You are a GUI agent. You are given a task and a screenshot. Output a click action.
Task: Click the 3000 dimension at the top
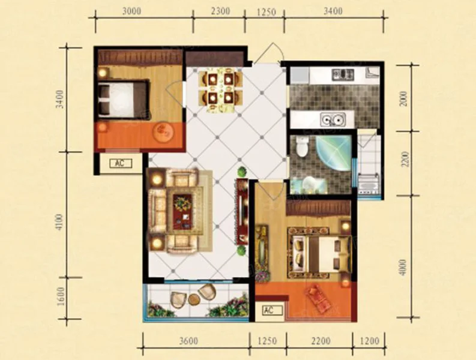[131, 11]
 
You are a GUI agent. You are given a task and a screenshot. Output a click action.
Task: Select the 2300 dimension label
[220, 11]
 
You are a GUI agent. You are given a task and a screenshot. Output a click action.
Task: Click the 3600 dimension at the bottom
[188, 341]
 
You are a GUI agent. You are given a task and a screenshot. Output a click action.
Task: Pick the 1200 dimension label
[369, 341]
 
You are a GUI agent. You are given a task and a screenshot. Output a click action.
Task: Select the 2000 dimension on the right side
[404, 98]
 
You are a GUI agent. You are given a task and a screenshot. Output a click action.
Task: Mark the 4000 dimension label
[403, 267]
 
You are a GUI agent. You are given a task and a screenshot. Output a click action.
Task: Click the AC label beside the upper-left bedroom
[120, 163]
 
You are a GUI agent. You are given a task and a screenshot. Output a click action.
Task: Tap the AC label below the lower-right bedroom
[269, 310]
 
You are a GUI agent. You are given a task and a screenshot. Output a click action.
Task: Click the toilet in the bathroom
[302, 146]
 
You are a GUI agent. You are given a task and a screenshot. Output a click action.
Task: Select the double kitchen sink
[333, 119]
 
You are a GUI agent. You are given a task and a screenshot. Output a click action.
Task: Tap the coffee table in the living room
[182, 211]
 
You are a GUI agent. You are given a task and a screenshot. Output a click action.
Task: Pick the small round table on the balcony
[193, 299]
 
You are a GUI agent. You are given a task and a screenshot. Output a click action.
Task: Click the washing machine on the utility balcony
[369, 184]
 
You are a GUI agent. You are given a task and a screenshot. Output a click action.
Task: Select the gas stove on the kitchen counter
[343, 74]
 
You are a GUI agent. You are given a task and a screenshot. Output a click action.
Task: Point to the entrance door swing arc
[277, 50]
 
